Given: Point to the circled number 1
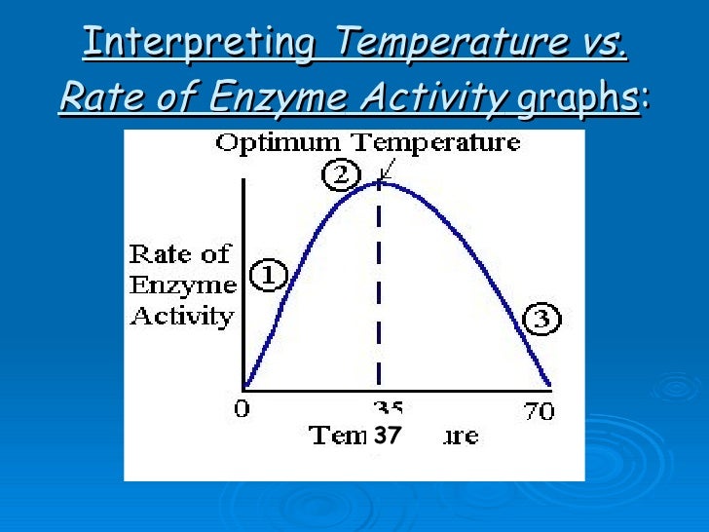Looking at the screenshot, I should (x=268, y=277).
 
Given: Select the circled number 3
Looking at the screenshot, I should (x=542, y=318).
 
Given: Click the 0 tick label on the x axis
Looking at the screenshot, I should (x=241, y=410).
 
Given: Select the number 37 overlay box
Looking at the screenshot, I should (x=388, y=437).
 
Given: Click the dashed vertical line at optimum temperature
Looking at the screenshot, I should (x=379, y=292).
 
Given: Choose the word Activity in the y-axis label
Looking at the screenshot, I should (x=182, y=316).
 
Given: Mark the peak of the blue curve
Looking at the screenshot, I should (x=379, y=182).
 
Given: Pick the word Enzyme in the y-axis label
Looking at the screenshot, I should (x=182, y=285).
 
